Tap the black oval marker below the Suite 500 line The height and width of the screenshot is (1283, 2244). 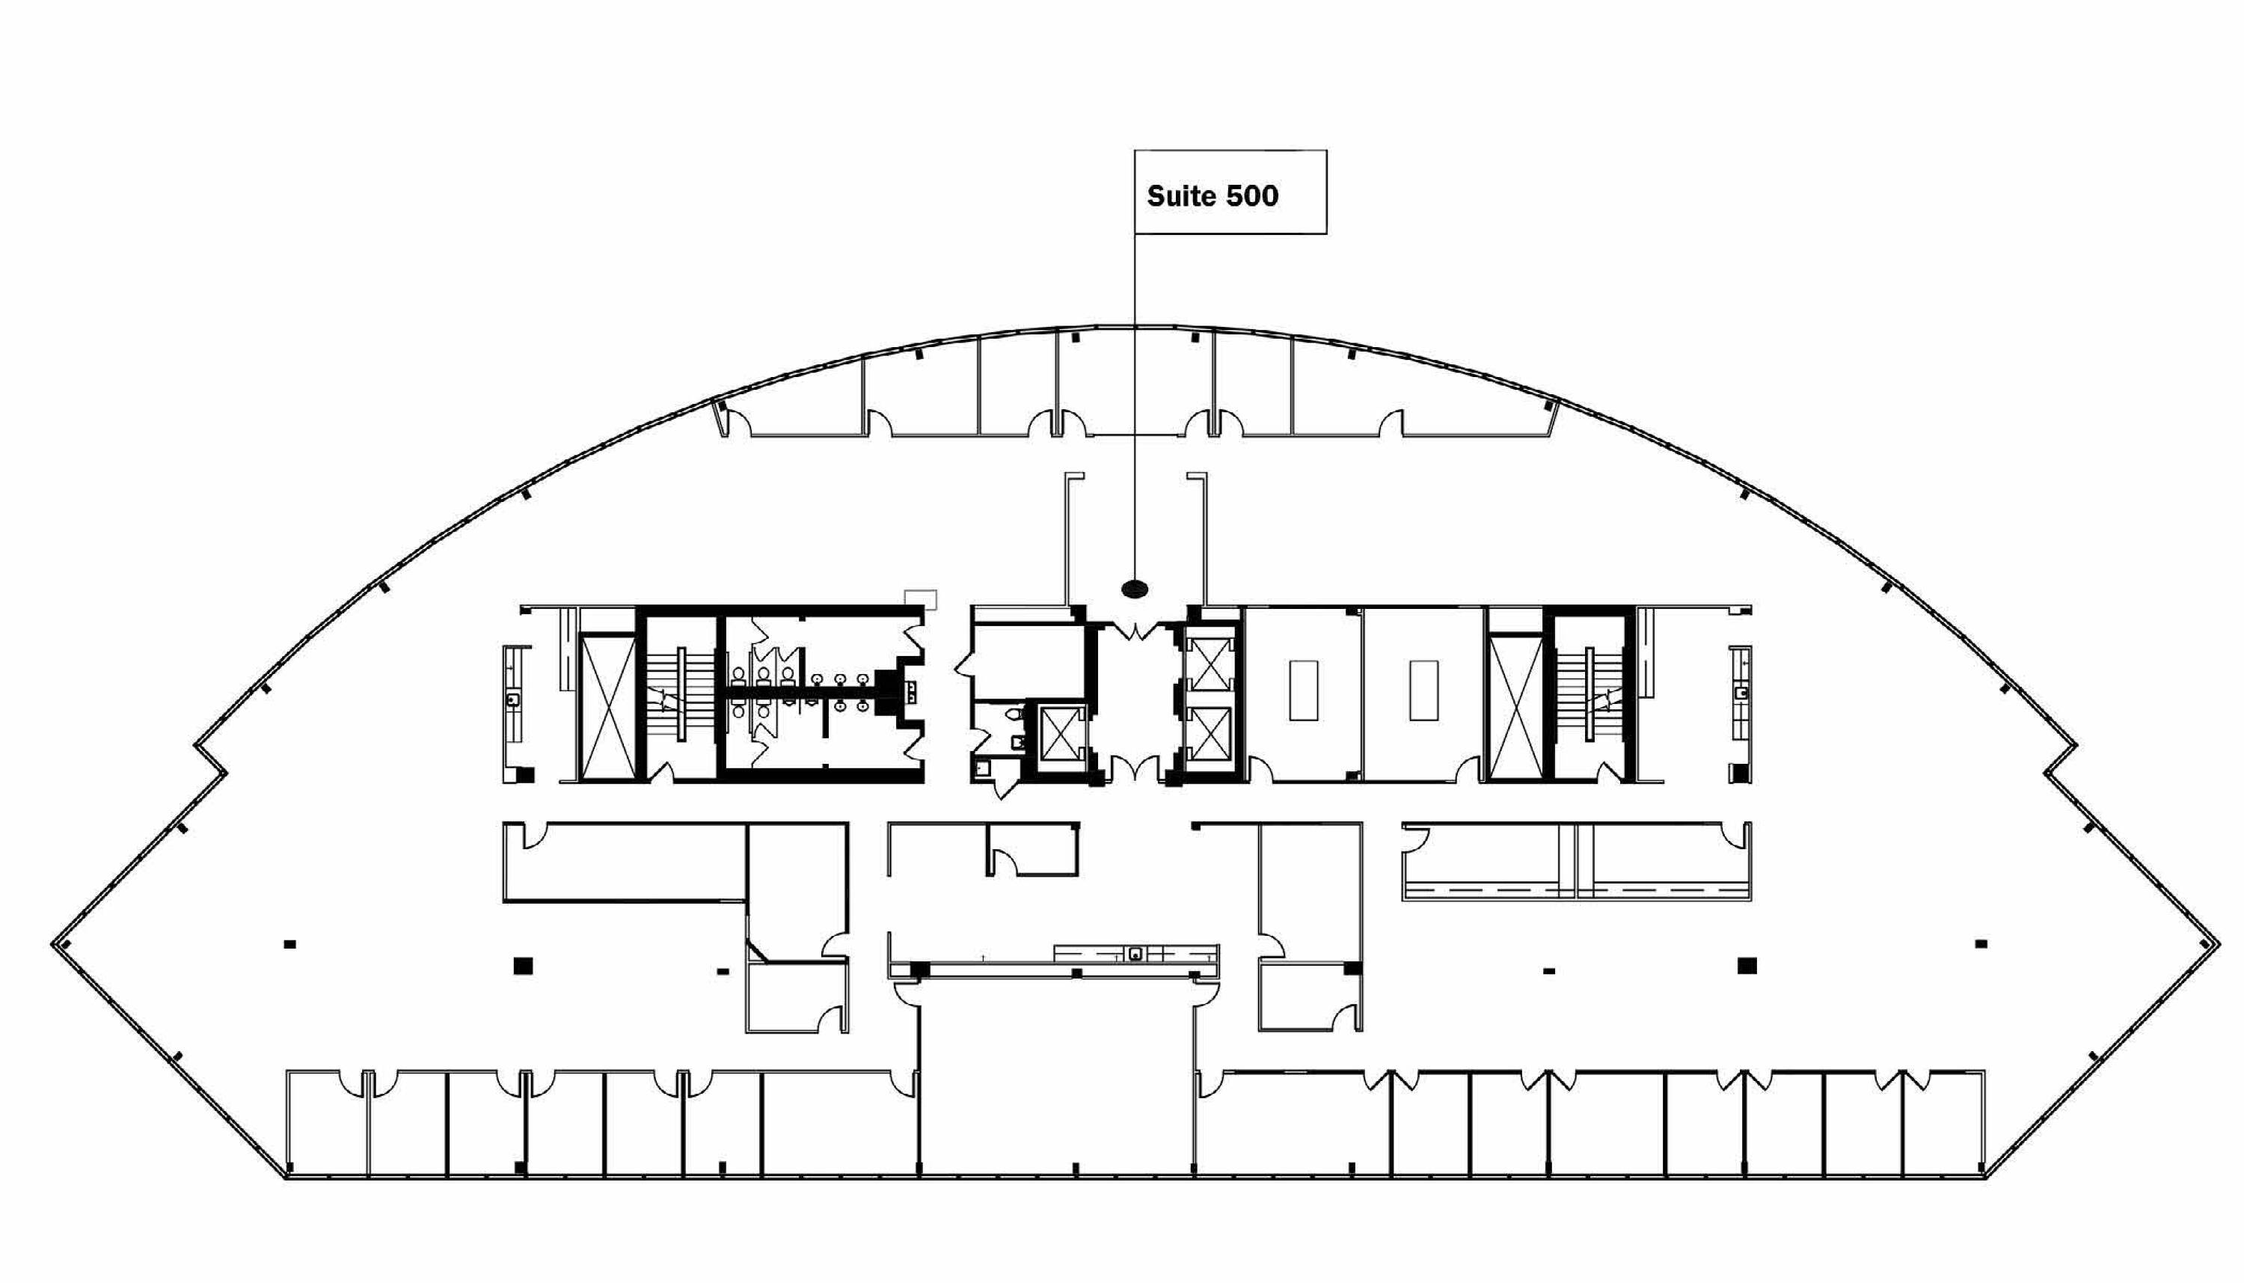[x=1134, y=589]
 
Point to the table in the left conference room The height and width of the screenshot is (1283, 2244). [x=1304, y=690]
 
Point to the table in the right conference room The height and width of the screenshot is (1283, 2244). [x=1423, y=690]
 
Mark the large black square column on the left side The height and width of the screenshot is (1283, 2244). [x=524, y=966]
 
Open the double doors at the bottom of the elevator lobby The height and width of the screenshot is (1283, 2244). [x=1136, y=768]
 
